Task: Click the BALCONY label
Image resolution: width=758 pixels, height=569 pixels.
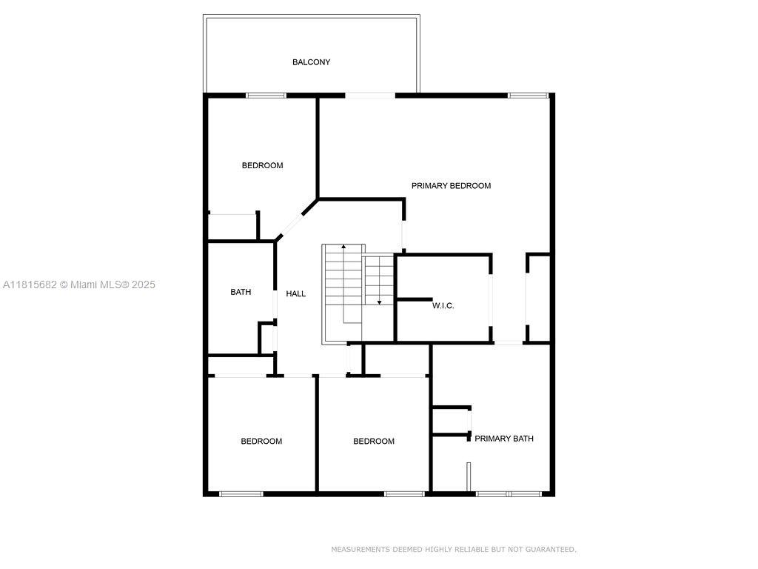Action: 312,62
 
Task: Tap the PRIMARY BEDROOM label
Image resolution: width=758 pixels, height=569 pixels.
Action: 451,186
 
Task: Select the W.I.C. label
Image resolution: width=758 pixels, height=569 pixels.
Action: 443,305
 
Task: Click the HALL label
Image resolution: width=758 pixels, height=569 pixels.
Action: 296,293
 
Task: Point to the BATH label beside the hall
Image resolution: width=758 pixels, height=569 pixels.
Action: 241,292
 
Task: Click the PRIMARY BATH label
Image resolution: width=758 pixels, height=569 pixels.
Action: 504,439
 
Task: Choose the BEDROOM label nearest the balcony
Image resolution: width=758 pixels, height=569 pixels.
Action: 263,165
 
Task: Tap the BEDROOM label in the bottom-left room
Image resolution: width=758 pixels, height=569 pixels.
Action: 261,442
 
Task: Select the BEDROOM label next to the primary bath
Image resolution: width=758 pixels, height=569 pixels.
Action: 374,442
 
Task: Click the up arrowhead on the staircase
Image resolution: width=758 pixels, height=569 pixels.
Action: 343,246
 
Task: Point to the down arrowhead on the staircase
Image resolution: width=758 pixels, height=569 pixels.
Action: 380,302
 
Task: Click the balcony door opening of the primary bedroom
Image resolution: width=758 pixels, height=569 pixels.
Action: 370,96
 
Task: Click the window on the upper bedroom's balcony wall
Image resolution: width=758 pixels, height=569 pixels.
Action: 266,96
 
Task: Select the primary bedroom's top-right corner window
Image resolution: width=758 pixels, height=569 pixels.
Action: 529,96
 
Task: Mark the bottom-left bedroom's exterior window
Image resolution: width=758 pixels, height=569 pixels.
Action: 241,494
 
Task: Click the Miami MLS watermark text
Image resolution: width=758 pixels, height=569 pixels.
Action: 113,284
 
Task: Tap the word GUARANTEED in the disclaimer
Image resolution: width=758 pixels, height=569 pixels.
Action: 551,549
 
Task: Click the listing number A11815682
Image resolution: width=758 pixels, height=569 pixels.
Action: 30,284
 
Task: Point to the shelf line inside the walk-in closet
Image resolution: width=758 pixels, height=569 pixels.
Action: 415,299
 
